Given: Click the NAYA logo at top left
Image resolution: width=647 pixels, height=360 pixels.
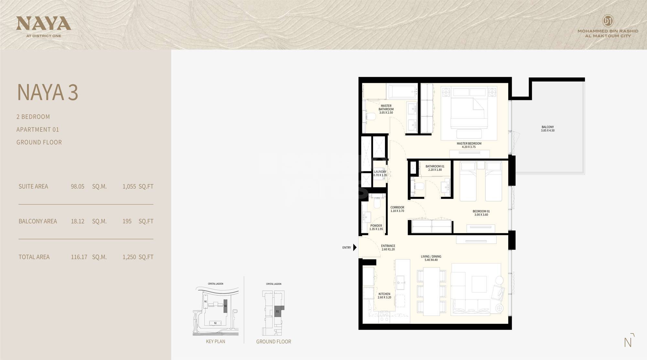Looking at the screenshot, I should pos(43,24).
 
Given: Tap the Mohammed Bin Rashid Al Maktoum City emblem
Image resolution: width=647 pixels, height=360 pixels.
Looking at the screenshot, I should pos(608,21).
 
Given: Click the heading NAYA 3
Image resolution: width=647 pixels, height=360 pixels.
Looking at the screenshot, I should pos(48,92).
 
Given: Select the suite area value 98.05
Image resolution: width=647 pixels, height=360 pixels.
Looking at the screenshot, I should pos(77,186).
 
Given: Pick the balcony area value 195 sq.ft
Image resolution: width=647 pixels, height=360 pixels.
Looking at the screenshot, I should pos(127,221).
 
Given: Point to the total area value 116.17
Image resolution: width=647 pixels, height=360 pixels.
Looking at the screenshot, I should pos(79,257).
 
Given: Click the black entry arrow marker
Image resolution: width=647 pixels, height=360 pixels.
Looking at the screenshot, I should pos(355,248).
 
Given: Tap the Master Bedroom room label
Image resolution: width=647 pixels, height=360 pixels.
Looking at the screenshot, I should pos(469,145).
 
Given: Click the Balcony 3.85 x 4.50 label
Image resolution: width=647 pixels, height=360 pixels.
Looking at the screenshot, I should pos(547,129).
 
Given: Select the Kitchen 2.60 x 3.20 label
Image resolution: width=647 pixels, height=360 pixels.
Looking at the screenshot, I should pos(384,296).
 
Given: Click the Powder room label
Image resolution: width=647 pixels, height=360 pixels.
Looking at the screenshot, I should pos(376,227).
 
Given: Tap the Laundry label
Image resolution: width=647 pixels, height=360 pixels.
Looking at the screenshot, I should pos(380,173).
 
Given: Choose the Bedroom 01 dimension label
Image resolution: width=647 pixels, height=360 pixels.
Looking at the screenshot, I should pos(481,213).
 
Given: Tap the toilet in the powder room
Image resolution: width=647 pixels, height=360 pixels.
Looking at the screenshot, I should pos(377,204).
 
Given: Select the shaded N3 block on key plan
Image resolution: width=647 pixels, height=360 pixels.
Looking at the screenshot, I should pos(225,306).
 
